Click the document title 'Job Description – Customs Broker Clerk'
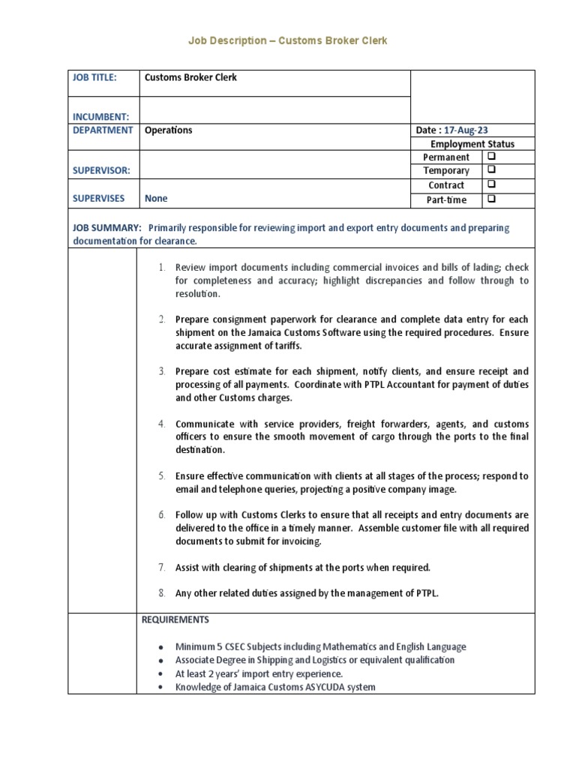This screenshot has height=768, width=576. click(x=287, y=40)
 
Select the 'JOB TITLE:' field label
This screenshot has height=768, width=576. click(x=94, y=77)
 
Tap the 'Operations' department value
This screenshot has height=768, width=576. click(x=168, y=130)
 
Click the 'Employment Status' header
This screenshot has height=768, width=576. click(x=472, y=144)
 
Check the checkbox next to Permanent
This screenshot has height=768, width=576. click(x=491, y=157)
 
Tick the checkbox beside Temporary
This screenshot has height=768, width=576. click(x=491, y=171)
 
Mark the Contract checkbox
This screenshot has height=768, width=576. click(x=491, y=184)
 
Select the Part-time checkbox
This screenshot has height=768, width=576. click(x=491, y=199)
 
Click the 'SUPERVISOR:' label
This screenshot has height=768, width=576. click(x=101, y=171)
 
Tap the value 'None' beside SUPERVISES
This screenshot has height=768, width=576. click(x=156, y=199)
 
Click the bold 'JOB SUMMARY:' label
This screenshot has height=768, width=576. click(x=106, y=227)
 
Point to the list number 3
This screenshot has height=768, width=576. click(x=161, y=371)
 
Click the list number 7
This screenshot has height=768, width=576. click(x=161, y=568)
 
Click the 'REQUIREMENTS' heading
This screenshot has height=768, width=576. click(x=175, y=620)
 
